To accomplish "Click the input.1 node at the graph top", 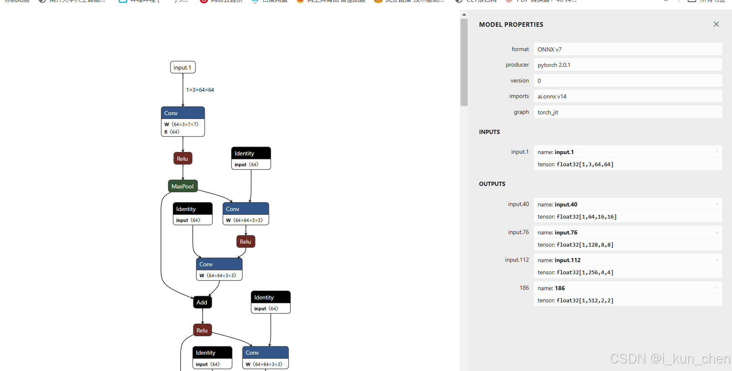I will point(182,67).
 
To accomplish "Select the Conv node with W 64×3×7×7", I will point(182,113).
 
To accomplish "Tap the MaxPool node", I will point(182,186).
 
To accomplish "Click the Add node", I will point(202,302).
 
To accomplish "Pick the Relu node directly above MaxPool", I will point(182,159).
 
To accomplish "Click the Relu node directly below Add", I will point(202,330).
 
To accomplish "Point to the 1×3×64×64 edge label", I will point(200,90).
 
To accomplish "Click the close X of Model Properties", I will point(716,24).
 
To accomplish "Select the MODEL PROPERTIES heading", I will point(511,25).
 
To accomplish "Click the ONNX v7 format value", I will point(550,49).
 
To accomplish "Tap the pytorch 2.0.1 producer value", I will point(554,65).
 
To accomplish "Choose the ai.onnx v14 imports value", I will point(552,96).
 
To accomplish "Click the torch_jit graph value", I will point(548,112).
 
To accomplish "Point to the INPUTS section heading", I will point(490,132).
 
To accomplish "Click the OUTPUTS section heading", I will point(492,184).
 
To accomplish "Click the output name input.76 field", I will point(558,232).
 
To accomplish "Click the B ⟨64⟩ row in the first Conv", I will point(172,132).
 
